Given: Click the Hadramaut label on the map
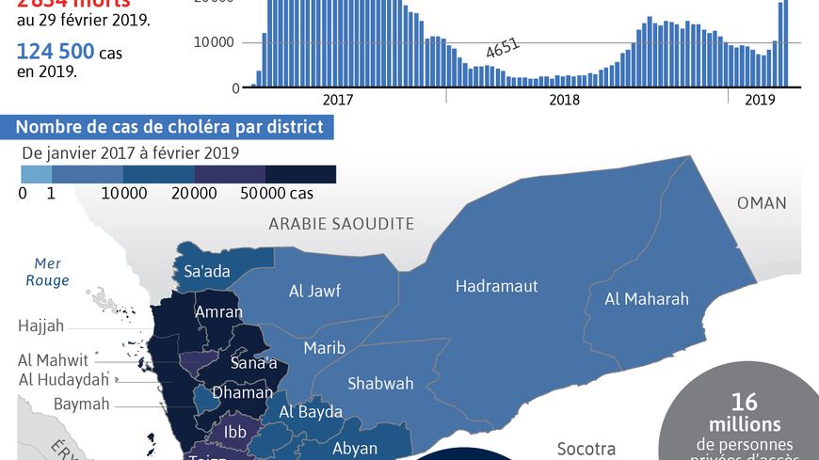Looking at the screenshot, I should click(x=496, y=286).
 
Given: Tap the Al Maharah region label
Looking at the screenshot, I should click(x=646, y=299).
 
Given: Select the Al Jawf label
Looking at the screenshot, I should click(x=314, y=292).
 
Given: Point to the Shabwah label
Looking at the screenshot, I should click(x=380, y=383).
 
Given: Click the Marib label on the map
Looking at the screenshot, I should click(x=324, y=348).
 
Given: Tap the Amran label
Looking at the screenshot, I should click(x=218, y=312).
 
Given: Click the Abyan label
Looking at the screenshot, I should click(x=355, y=449).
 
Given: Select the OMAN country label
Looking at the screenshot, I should click(x=762, y=203).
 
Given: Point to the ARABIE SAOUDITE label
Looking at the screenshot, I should click(x=341, y=223).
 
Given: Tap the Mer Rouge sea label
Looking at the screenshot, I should click(x=47, y=272).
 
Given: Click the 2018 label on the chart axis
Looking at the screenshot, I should click(x=564, y=100).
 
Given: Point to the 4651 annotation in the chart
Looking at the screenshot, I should click(x=502, y=50).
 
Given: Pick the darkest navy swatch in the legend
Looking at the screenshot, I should click(x=300, y=174).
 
